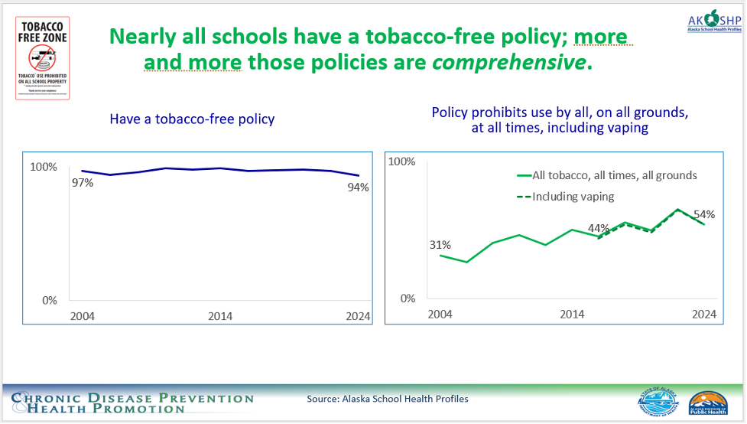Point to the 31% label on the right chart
pos(440,245)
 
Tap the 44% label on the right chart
pos(599,228)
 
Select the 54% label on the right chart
pos(705,214)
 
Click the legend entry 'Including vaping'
pos(573,196)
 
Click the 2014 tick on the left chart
pos(220,316)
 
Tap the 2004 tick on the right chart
pos(440,314)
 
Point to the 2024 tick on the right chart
pos(704,314)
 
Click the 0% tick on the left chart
pos(49,300)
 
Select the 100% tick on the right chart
pos(402,161)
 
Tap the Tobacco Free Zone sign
pos(43,57)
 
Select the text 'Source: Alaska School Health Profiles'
pos(388,399)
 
